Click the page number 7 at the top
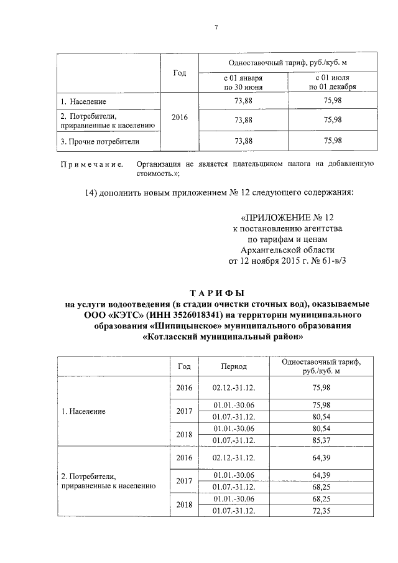click(x=216, y=29)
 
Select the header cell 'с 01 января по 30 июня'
click(x=243, y=83)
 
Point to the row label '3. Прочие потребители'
click(x=99, y=141)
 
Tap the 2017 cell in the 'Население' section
click(x=184, y=411)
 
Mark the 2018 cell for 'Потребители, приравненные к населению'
click(x=184, y=505)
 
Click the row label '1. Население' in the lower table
click(x=83, y=412)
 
